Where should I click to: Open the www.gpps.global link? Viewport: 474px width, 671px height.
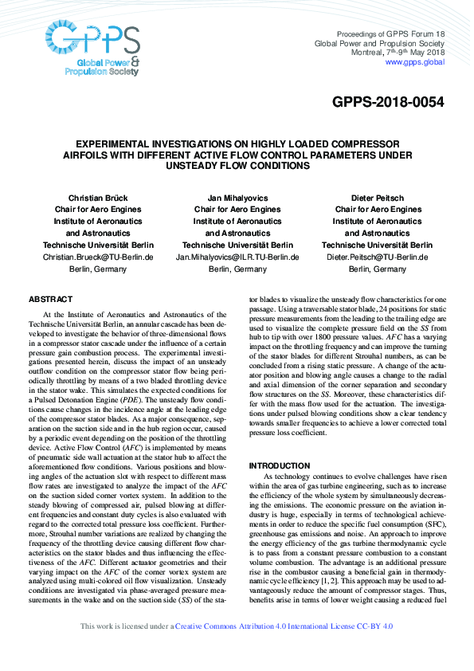[x=414, y=61]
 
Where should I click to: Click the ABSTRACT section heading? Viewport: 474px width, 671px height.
[x=50, y=299]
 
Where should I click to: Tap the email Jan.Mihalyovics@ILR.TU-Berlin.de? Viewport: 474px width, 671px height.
[x=237, y=257]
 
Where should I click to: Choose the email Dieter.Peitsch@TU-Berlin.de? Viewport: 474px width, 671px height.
[x=378, y=257]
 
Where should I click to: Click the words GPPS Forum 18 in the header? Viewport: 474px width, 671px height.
[x=419, y=33]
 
